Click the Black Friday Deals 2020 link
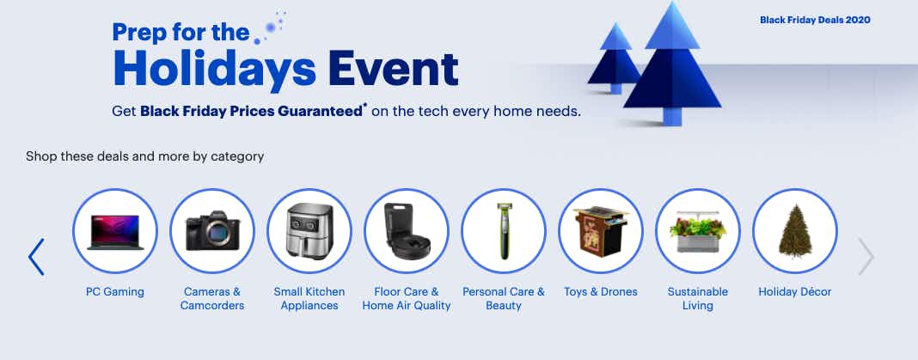815,20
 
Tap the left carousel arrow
36,257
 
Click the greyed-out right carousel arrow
866,256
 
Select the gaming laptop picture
115,232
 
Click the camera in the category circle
212,230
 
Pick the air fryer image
309,230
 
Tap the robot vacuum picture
407,230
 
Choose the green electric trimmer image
504,230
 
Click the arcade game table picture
601,231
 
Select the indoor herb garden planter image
698,232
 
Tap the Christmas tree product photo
795,230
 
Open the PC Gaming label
115,291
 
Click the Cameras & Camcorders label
212,298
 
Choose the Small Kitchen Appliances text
309,298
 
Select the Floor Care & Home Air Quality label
407,298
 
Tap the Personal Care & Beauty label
504,298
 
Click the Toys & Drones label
601,291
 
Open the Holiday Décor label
795,291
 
